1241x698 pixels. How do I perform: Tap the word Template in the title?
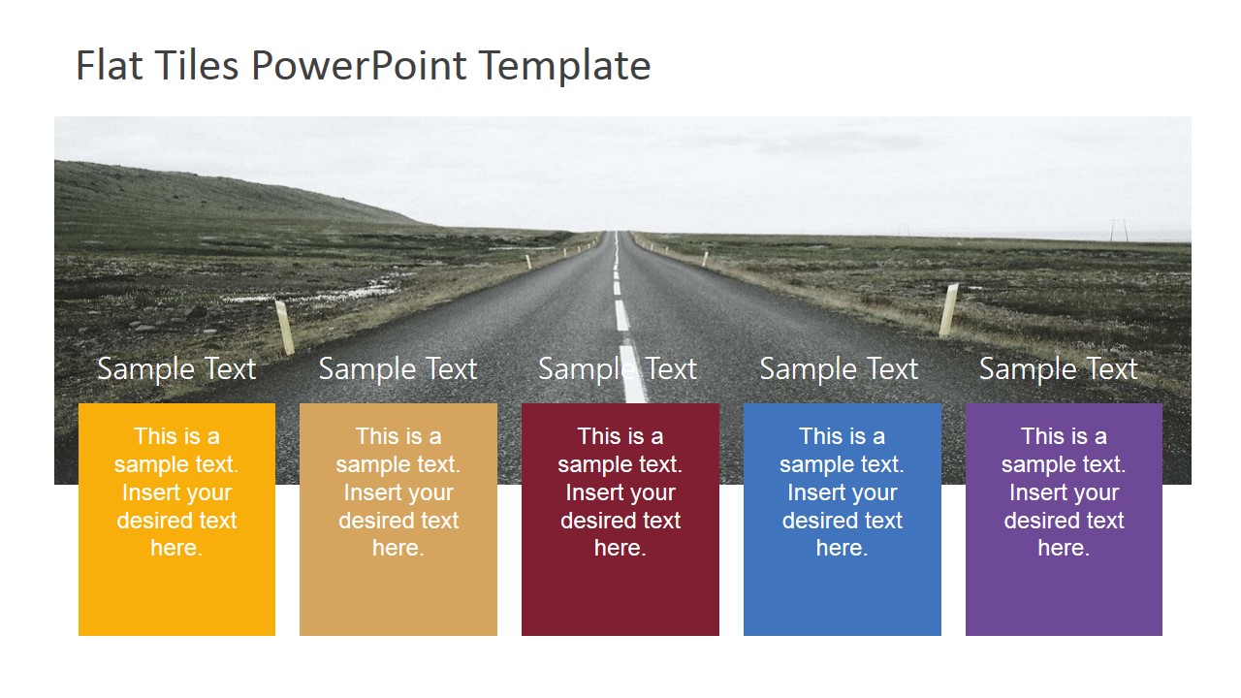pos(564,66)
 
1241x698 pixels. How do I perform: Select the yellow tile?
pos(176,591)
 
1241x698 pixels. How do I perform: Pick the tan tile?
pos(398,591)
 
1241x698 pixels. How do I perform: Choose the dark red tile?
pos(620,591)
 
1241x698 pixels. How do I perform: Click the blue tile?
pos(842,591)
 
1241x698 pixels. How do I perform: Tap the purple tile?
pos(1064,591)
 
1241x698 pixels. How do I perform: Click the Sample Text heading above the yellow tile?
pos(176,368)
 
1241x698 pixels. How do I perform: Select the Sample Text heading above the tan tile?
pos(398,368)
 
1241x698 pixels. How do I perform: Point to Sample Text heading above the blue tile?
pos(839,368)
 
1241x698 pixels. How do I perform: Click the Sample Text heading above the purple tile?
pos(1058,368)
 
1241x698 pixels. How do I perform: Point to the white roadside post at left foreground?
pos(284,327)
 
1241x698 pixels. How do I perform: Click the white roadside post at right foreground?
pos(949,308)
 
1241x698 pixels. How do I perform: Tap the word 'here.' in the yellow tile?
pos(176,548)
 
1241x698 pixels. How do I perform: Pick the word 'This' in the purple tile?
pos(1043,436)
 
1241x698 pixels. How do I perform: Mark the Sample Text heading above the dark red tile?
pos(618,368)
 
